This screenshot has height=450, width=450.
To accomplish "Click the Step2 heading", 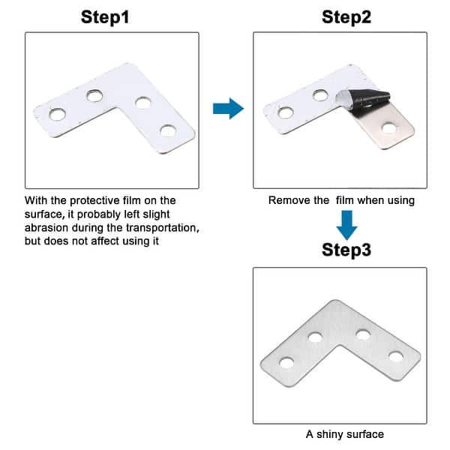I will tap(346, 16).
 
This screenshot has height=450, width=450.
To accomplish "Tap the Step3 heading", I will tap(346, 250).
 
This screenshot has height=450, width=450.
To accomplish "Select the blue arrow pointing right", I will tap(228, 109).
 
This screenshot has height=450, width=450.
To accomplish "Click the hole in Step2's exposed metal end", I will tap(388, 127).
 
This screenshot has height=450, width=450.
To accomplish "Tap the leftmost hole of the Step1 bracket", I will tap(56, 115).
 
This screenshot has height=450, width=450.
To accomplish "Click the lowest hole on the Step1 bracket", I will tap(168, 131).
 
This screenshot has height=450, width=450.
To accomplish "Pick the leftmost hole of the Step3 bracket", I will tap(286, 363).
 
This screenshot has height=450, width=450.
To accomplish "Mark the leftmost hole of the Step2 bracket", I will tap(285, 113).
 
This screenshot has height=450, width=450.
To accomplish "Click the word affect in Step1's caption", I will tap(113, 240).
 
